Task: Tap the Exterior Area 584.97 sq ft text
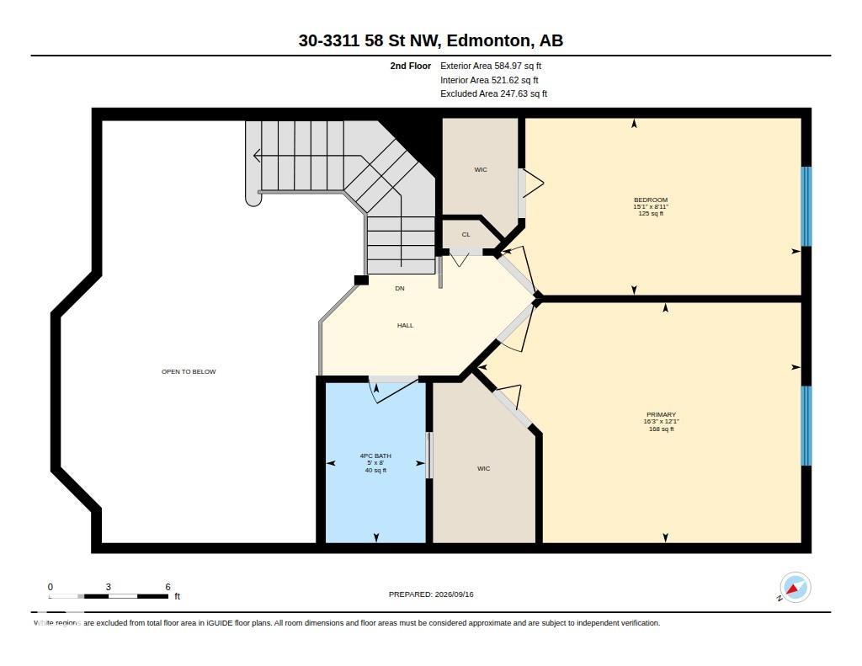click(x=491, y=66)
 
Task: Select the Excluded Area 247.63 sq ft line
click(x=493, y=93)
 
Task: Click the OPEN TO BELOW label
click(x=189, y=372)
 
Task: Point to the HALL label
click(x=405, y=326)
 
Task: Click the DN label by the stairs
click(x=400, y=288)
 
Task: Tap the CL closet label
click(x=466, y=234)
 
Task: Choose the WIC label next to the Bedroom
click(x=481, y=169)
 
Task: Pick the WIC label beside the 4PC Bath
click(x=484, y=469)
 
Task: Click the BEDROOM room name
click(x=651, y=200)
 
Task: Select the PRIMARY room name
click(x=662, y=414)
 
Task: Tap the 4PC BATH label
click(x=375, y=456)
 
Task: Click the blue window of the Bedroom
click(x=806, y=206)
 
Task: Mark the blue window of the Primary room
click(x=806, y=426)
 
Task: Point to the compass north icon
click(x=795, y=588)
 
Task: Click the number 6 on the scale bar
click(x=168, y=587)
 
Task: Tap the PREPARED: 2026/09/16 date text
click(x=431, y=594)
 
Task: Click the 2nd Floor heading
click(x=411, y=66)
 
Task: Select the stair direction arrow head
click(x=256, y=157)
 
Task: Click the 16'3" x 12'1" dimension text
click(x=662, y=422)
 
